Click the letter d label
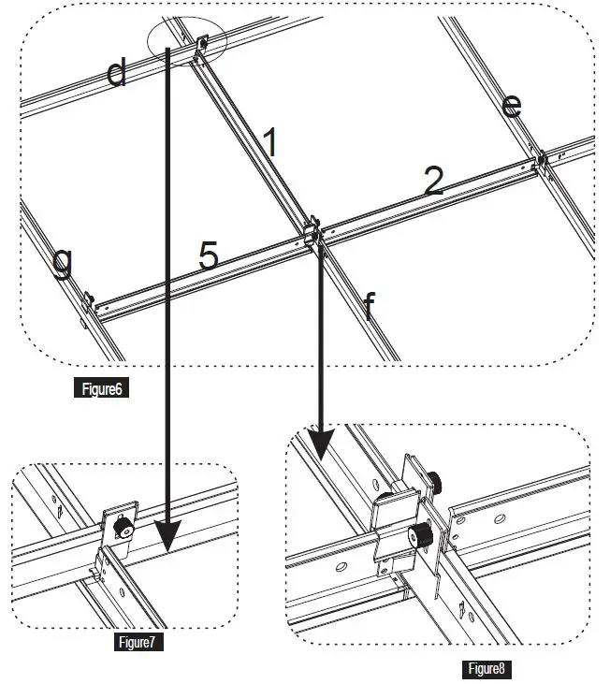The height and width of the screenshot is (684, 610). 116,72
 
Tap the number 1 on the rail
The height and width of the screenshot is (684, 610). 269,143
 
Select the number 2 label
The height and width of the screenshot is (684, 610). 432,182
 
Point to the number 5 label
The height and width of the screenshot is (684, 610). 208,255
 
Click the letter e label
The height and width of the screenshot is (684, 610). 511,106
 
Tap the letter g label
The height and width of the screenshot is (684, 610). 62,264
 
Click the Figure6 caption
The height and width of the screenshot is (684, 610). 100,388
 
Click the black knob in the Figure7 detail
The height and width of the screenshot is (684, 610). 121,529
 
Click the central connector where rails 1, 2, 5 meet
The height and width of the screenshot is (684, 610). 312,230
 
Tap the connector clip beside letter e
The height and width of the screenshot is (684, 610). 541,160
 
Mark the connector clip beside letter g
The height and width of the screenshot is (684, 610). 89,302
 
